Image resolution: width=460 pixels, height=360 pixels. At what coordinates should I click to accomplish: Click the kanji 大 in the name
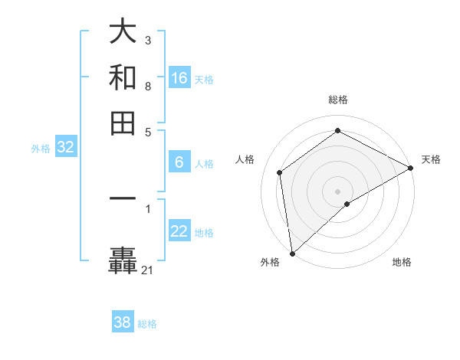[123, 33]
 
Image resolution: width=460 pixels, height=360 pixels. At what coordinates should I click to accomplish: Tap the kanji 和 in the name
[123, 78]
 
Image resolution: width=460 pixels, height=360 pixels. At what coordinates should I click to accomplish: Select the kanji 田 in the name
[123, 123]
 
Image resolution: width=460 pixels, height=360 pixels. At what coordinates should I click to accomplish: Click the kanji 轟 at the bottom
[123, 260]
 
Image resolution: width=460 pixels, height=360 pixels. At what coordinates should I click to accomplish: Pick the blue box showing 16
[179, 78]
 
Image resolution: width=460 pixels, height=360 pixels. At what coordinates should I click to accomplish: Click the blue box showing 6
[179, 162]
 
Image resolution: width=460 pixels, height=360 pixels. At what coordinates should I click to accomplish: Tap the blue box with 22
[179, 232]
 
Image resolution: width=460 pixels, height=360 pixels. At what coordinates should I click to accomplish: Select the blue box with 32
[65, 148]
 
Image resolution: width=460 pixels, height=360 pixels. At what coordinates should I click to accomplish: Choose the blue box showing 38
[123, 322]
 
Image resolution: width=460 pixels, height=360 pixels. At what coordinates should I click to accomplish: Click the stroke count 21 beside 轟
[147, 270]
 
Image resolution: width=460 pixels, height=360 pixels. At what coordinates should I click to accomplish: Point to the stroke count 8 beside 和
[148, 87]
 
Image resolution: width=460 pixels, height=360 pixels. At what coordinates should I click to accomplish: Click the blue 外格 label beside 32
[41, 149]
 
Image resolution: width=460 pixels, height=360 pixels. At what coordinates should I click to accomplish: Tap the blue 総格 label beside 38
[147, 323]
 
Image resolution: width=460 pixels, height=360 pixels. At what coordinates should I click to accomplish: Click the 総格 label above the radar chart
[337, 100]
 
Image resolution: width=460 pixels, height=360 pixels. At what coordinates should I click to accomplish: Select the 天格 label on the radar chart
[431, 159]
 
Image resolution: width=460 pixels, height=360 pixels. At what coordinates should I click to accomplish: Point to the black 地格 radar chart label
[402, 263]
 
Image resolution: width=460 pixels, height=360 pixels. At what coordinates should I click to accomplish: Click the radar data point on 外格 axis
[292, 253]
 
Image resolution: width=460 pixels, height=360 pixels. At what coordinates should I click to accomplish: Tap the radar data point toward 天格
[411, 169]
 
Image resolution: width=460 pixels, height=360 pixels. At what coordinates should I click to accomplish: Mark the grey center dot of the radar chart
[337, 191]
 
